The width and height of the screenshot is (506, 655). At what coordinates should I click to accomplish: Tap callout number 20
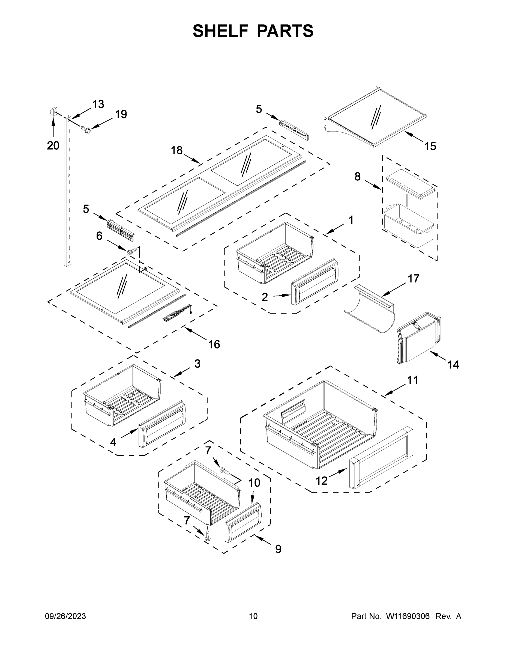[x=53, y=146]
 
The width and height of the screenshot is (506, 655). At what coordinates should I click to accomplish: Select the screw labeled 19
[x=86, y=130]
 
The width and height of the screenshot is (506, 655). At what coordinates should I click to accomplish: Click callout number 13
[x=98, y=104]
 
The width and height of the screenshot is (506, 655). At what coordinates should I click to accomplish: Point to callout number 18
[x=176, y=150]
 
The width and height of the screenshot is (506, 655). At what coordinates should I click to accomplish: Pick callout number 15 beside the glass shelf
[x=430, y=146]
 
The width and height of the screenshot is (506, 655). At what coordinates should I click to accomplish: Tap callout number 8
[x=357, y=177]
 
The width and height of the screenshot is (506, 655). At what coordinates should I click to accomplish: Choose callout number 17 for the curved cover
[x=413, y=279]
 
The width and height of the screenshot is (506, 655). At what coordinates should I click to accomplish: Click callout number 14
[x=453, y=365]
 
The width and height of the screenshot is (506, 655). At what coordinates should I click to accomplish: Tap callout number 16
[x=214, y=344]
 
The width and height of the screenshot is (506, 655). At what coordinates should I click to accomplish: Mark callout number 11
[x=412, y=380]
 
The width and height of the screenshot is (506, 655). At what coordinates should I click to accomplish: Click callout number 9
[x=278, y=549]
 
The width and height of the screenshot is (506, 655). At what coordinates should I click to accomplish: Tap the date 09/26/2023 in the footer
[x=65, y=616]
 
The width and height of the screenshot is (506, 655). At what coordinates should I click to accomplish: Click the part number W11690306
[x=408, y=616]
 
